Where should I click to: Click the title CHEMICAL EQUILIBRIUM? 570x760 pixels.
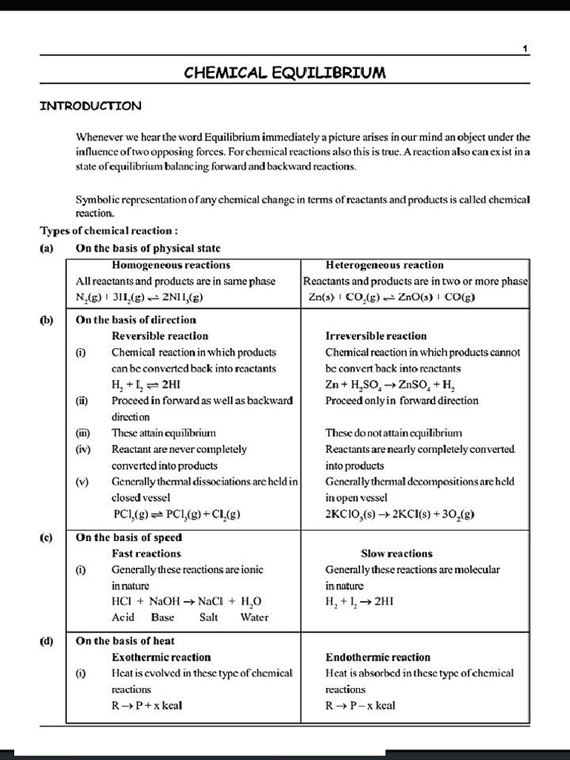click(284, 73)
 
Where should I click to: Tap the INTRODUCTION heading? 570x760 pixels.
click(90, 105)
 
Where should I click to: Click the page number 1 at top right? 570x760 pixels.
click(525, 49)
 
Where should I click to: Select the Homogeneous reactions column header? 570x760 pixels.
click(171, 265)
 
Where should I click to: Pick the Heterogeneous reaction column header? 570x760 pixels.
click(384, 265)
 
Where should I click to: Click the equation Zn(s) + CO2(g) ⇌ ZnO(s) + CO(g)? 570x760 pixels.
click(391, 297)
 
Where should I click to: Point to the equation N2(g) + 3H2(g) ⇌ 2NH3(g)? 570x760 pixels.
click(140, 297)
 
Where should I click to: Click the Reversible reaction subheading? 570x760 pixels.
click(160, 336)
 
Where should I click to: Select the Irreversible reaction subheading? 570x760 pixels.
click(376, 336)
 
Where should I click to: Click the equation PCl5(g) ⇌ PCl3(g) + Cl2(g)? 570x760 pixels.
click(176, 514)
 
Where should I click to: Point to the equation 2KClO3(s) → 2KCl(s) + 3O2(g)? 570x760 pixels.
click(400, 514)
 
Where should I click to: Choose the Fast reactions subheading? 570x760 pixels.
click(146, 554)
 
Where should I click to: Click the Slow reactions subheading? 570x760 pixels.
click(396, 554)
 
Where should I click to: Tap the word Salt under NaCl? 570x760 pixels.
click(209, 617)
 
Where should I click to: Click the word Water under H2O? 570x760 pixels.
click(255, 617)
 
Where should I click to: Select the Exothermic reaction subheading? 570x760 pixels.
click(161, 658)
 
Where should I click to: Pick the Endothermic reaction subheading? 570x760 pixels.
click(378, 658)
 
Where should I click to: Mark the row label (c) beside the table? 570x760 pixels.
click(46, 537)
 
